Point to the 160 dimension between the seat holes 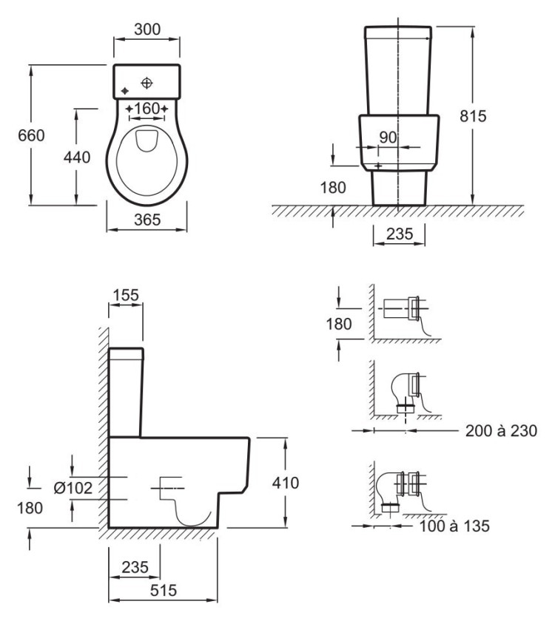click(x=148, y=109)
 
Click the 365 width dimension click(x=147, y=219)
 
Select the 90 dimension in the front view click(x=388, y=138)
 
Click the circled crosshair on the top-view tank click(x=148, y=81)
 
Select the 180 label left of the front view click(x=333, y=188)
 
